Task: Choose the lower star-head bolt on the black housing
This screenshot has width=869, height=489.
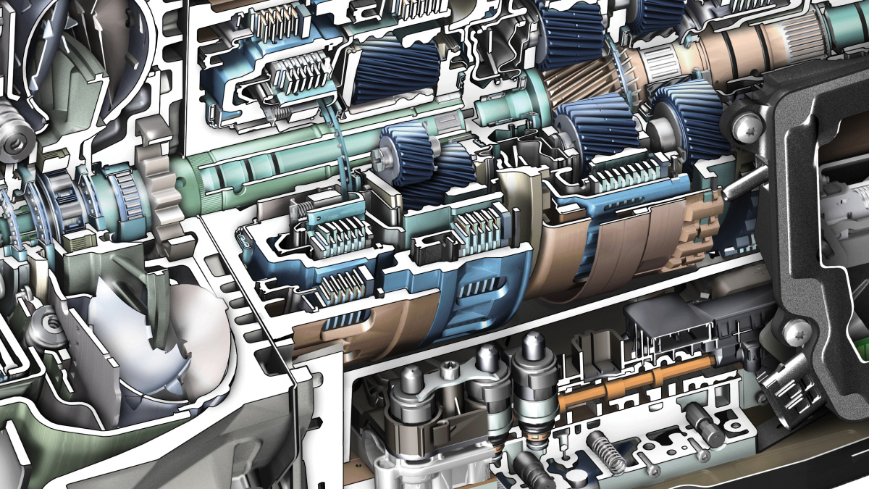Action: tap(797, 332)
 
